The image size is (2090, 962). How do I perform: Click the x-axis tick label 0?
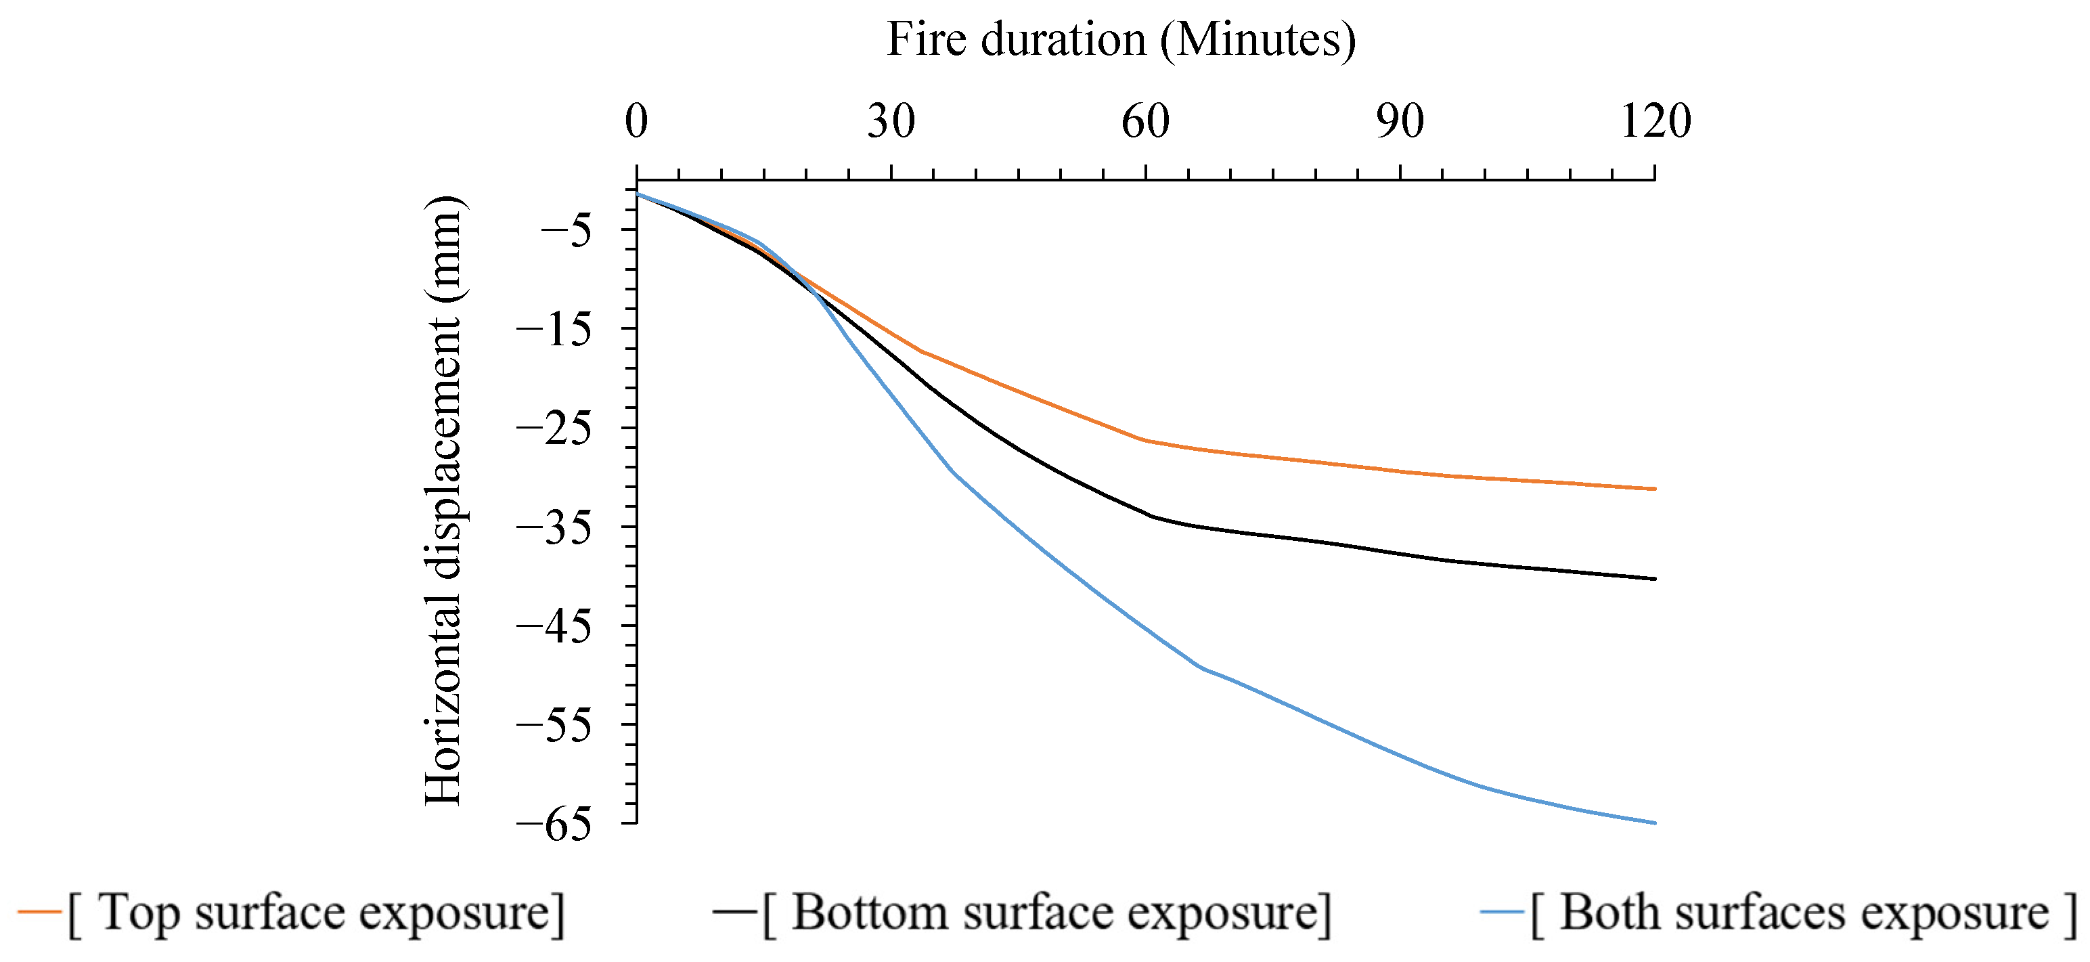point(636,122)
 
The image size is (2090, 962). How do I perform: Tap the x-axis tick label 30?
point(891,122)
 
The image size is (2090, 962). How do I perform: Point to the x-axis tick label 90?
point(1400,122)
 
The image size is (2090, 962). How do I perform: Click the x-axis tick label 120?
point(1655,122)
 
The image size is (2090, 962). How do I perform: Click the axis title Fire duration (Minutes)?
point(1121,39)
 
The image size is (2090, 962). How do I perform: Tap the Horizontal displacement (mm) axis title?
point(444,501)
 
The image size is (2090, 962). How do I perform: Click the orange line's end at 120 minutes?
point(1654,489)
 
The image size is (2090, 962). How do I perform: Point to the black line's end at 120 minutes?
point(1654,579)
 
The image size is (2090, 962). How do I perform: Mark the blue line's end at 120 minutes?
point(1654,823)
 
